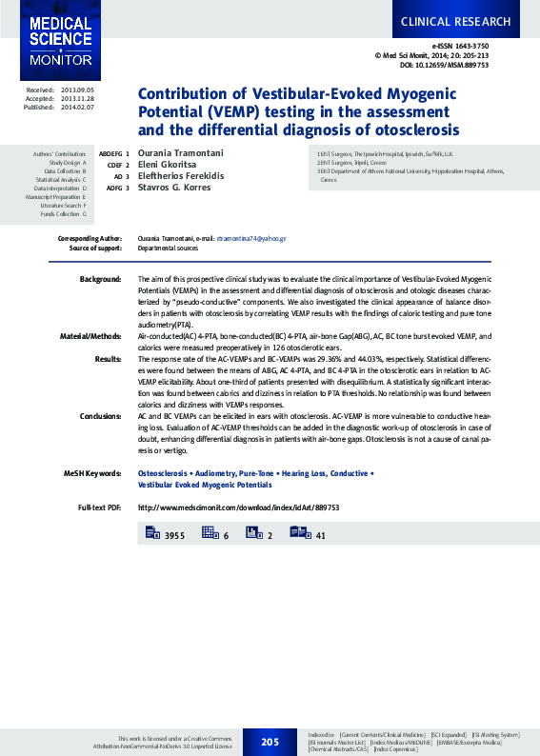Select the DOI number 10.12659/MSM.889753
click(445, 65)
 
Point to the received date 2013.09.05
click(76, 90)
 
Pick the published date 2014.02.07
click(76, 107)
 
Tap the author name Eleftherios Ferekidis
click(181, 176)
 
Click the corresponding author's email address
click(251, 237)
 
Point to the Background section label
click(100, 279)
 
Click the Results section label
click(108, 359)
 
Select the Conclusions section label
click(100, 416)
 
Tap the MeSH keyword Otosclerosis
click(163, 473)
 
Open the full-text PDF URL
click(238, 507)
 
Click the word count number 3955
click(174, 536)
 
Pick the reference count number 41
click(321, 536)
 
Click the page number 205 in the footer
click(270, 741)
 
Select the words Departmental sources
click(168, 248)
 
